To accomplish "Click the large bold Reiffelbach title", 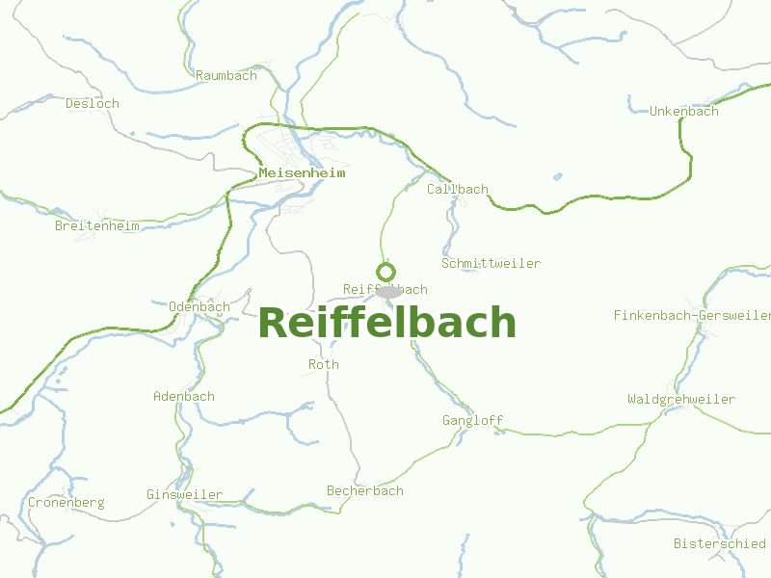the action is click(x=386, y=323).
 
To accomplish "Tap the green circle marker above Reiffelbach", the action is click(x=385, y=272).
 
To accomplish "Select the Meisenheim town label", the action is click(x=302, y=173).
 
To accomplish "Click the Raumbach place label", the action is click(x=226, y=75).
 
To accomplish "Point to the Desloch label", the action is click(x=93, y=103).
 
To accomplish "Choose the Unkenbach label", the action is click(x=683, y=111).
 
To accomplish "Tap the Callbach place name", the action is click(x=458, y=190).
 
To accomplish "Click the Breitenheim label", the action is click(x=97, y=226).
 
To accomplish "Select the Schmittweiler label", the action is click(x=491, y=263).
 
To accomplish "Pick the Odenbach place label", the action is click(x=199, y=307).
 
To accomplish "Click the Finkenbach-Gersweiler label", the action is click(x=692, y=315).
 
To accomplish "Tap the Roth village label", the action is click(x=324, y=365).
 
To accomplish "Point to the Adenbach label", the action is click(x=184, y=396).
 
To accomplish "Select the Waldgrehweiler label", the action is click(x=680, y=399).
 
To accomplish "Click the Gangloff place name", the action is click(x=472, y=420).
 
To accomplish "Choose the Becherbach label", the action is click(x=364, y=491).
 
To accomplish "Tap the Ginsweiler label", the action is click(x=184, y=494).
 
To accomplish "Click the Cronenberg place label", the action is click(x=66, y=503).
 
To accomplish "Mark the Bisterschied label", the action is click(x=719, y=543).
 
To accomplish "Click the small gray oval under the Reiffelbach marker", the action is click(x=389, y=291).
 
